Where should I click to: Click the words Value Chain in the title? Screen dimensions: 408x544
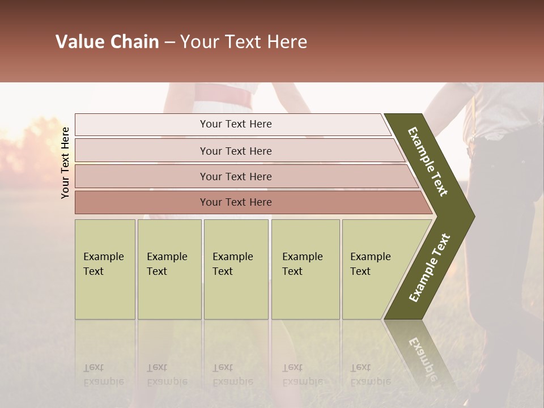[x=107, y=42]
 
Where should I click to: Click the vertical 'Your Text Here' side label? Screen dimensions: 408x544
[x=65, y=163]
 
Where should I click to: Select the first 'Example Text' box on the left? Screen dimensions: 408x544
[x=105, y=269]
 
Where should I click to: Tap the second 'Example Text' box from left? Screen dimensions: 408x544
[x=169, y=269]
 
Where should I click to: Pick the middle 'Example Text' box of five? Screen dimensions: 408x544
[x=236, y=269]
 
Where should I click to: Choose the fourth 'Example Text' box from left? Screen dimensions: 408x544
[x=305, y=269]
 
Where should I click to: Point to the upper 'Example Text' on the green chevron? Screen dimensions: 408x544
[x=428, y=161]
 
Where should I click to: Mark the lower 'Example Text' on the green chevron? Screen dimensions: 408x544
[x=429, y=268]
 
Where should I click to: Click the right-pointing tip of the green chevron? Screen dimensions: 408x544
[x=471, y=216]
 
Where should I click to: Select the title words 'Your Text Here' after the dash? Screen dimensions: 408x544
[x=243, y=42]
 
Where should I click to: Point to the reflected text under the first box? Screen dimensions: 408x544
[x=104, y=374]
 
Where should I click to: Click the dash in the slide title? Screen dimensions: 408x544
[x=169, y=42]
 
